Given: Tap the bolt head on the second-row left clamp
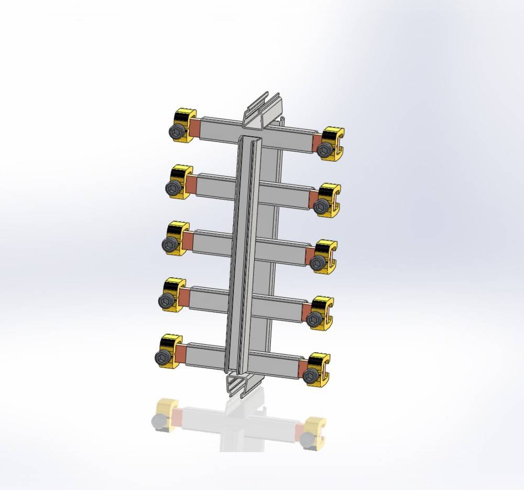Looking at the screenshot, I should pyautogui.click(x=173, y=189).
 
